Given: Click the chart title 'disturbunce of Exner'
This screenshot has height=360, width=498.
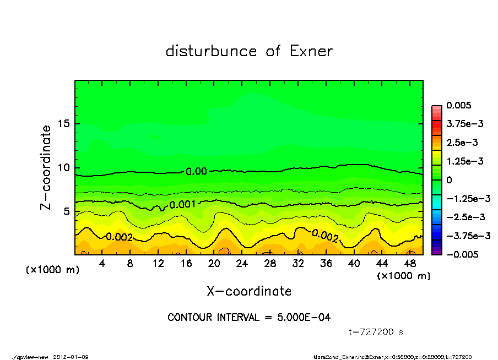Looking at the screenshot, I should [x=249, y=51].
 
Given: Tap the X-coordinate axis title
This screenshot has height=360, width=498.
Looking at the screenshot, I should [x=249, y=291].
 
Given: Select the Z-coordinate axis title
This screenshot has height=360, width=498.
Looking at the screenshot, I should [x=46, y=167].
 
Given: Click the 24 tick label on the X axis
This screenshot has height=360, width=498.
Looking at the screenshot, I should [x=242, y=264].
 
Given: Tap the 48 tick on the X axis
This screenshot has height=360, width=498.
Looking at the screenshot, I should [x=410, y=264].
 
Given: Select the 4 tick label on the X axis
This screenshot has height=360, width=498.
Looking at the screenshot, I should [x=102, y=264].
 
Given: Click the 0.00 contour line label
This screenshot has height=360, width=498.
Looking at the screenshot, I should [x=196, y=172].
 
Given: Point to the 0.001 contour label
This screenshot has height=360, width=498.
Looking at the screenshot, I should [x=182, y=205].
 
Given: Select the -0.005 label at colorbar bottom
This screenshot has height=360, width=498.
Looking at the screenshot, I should [x=461, y=254].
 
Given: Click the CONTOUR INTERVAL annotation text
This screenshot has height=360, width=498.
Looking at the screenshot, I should [x=249, y=318].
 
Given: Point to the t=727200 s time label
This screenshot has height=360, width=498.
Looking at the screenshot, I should [x=377, y=332].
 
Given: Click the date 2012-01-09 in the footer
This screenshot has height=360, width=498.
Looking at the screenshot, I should [x=71, y=357].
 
